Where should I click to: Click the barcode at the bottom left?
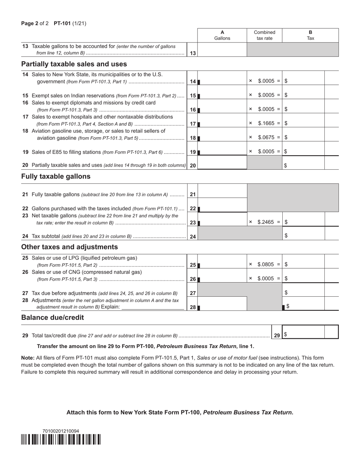coord(61,439)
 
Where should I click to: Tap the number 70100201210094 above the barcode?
coord(61,431)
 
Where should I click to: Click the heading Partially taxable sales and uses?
coord(74,64)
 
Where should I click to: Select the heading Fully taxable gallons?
coord(56,177)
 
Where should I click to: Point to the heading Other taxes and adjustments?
coord(69,247)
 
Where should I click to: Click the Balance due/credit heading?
coord(52,317)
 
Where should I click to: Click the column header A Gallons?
coord(222,35)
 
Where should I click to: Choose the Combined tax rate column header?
coord(265,35)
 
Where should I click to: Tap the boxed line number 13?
coord(193,53)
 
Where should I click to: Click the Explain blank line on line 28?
coord(153,307)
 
